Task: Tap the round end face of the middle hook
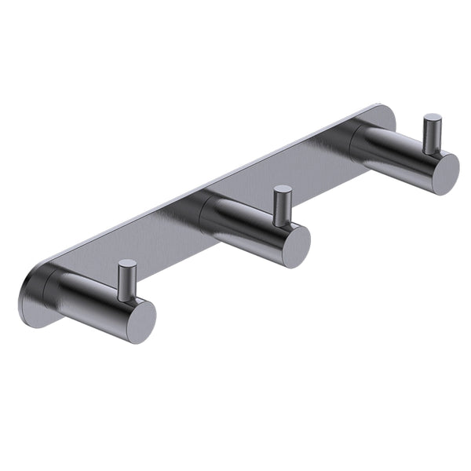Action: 296,246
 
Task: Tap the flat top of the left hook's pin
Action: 127,265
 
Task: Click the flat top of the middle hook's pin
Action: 283,190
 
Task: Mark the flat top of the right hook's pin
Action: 433,119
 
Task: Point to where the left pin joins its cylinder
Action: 127,298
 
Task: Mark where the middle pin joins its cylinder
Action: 283,224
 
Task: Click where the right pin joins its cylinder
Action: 432,152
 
